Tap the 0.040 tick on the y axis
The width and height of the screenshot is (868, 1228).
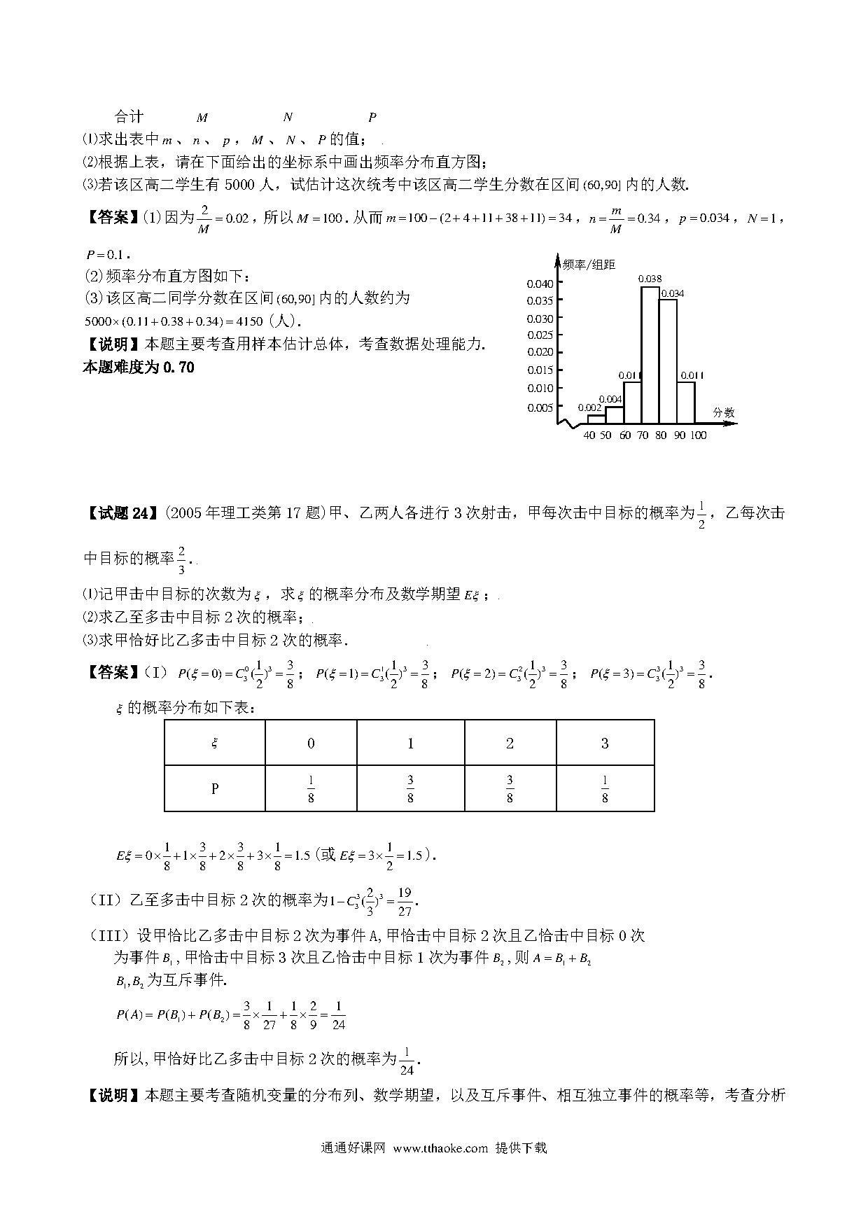tap(540, 284)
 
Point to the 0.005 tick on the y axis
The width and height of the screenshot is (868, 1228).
tap(540, 407)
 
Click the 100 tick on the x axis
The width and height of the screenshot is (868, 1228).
tap(698, 435)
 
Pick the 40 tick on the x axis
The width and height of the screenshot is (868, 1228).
tap(589, 435)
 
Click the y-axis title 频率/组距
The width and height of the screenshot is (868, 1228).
tap(589, 264)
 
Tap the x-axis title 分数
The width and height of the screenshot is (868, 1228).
tap(724, 412)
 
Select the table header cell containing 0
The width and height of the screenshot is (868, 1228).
tap(311, 744)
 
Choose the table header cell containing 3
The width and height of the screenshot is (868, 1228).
tap(605, 744)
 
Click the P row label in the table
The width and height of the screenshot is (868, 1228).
tap(215, 789)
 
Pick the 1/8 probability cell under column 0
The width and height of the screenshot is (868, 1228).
tap(311, 789)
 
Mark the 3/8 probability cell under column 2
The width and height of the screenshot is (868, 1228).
tap(510, 789)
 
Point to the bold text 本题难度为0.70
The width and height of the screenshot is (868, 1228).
tap(139, 367)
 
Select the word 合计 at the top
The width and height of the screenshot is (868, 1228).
tap(129, 117)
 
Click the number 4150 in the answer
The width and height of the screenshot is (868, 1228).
tap(246, 321)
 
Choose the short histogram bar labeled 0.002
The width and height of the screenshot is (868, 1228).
tap(596, 419)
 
